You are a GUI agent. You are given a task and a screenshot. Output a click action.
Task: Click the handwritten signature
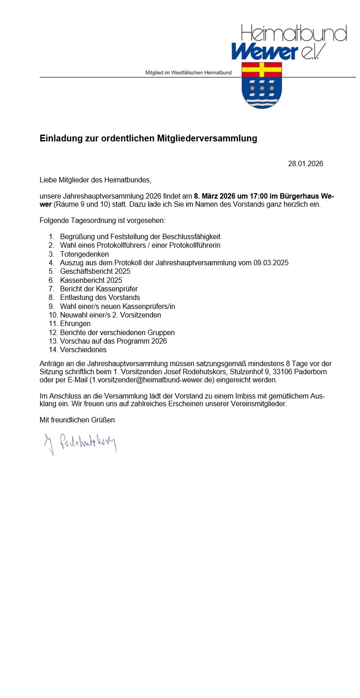80,443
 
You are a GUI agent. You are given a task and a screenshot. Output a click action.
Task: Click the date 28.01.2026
305,163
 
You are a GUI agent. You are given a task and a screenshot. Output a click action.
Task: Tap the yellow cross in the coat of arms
261,70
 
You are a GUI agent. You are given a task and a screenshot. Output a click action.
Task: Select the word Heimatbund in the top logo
294,33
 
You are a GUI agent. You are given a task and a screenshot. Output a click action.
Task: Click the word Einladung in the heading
61,138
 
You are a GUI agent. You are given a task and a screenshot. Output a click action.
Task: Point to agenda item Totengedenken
85,254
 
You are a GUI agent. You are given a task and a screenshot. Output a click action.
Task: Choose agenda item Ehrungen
75,323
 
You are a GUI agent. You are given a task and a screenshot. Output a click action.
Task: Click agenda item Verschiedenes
83,349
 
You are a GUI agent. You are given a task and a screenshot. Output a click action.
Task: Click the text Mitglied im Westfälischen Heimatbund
189,73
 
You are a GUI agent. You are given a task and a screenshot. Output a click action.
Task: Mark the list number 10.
53,315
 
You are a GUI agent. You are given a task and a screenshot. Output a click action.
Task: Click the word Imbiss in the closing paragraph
244,396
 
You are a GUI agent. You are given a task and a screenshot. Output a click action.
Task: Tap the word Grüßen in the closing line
103,420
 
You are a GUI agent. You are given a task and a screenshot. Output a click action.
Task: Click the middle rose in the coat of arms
262,88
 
